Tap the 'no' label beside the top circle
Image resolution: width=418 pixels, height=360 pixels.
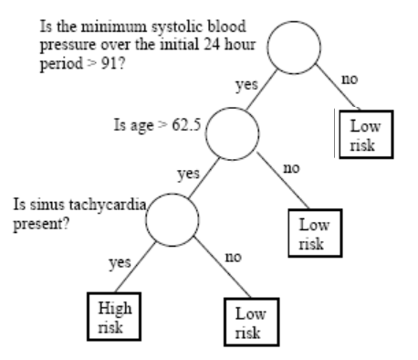click(x=350, y=79)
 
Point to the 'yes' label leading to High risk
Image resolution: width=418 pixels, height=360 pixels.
click(x=120, y=261)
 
